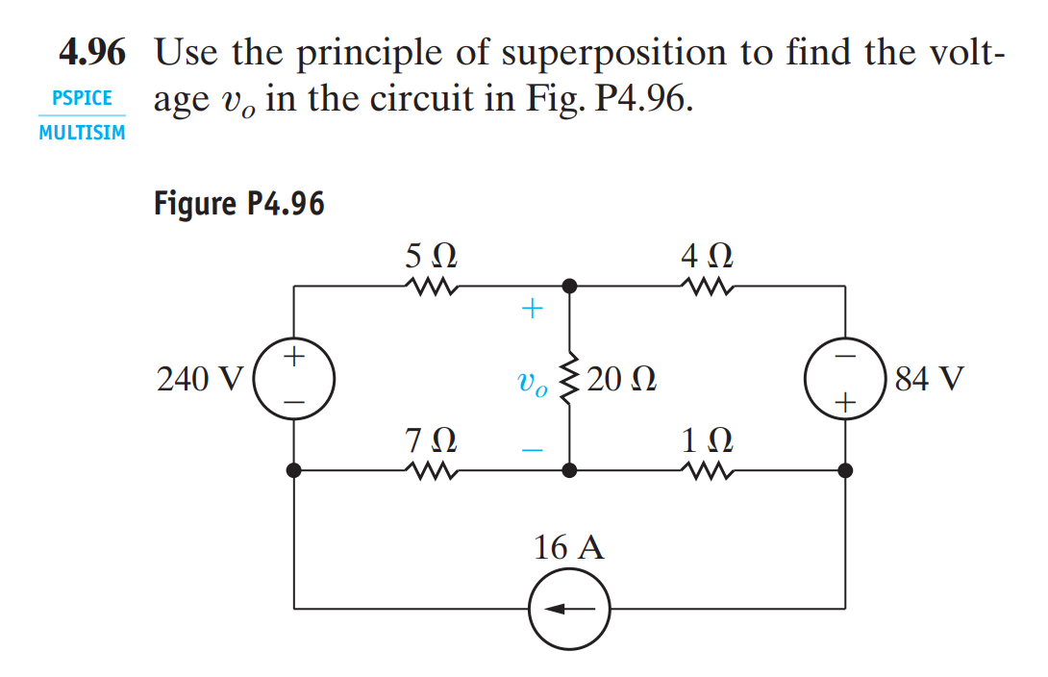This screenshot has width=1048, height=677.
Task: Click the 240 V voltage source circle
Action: tap(294, 378)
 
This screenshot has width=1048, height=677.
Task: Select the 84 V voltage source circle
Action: tap(845, 378)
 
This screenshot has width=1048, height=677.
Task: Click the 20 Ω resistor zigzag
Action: tap(570, 379)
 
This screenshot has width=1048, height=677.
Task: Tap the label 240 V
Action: tap(201, 380)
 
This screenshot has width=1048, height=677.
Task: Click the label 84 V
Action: tap(927, 378)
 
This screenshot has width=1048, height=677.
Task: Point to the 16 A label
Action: tap(569, 548)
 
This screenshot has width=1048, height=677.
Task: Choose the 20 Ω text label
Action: tap(620, 379)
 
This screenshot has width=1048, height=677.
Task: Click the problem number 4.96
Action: tap(92, 53)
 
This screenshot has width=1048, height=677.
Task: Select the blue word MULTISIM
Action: tap(83, 133)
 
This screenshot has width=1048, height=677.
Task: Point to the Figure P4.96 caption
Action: tap(238, 204)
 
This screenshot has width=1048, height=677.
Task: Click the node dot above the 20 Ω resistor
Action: tap(570, 286)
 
